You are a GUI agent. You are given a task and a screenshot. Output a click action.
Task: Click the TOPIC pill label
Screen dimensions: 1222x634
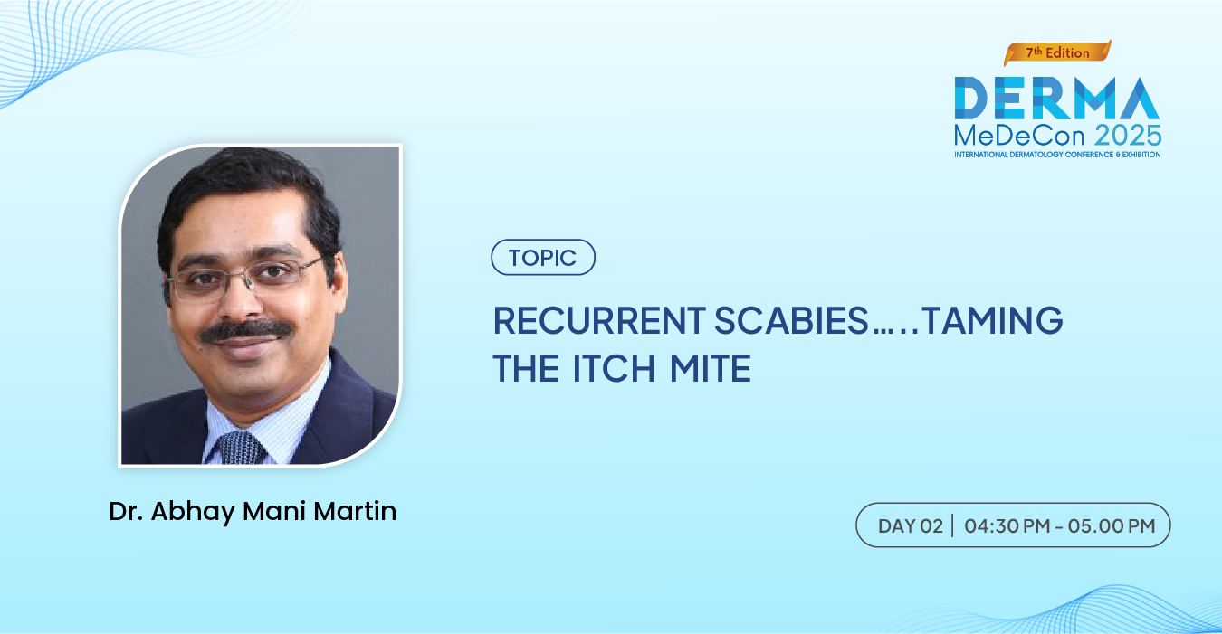point(543,257)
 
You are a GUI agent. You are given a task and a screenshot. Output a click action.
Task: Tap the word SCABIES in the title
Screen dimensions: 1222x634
point(791,320)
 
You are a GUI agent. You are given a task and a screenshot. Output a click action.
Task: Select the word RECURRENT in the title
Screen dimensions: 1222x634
point(599,320)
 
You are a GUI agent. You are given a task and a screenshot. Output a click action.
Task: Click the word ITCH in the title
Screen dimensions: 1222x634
point(614,368)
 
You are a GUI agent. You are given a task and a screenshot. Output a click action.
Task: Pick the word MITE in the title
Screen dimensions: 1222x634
point(711,368)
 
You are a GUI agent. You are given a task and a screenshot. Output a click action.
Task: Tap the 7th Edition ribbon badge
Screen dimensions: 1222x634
point(1057,52)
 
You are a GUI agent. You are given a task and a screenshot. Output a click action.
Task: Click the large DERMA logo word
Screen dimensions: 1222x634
point(1056,98)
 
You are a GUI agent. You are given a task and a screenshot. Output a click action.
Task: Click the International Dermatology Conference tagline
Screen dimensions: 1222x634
point(1057,155)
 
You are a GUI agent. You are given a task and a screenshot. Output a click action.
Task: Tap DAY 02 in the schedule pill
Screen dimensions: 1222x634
point(911,526)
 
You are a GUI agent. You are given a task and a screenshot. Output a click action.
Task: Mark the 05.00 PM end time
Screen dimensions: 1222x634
point(1112,526)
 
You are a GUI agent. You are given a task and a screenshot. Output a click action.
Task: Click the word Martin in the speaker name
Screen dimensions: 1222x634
point(355,511)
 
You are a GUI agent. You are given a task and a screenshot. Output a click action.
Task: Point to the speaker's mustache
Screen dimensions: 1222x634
point(245,331)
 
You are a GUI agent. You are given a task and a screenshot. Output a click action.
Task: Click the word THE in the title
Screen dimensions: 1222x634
point(526,368)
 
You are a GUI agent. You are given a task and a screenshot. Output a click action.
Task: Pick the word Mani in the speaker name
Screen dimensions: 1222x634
point(274,511)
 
